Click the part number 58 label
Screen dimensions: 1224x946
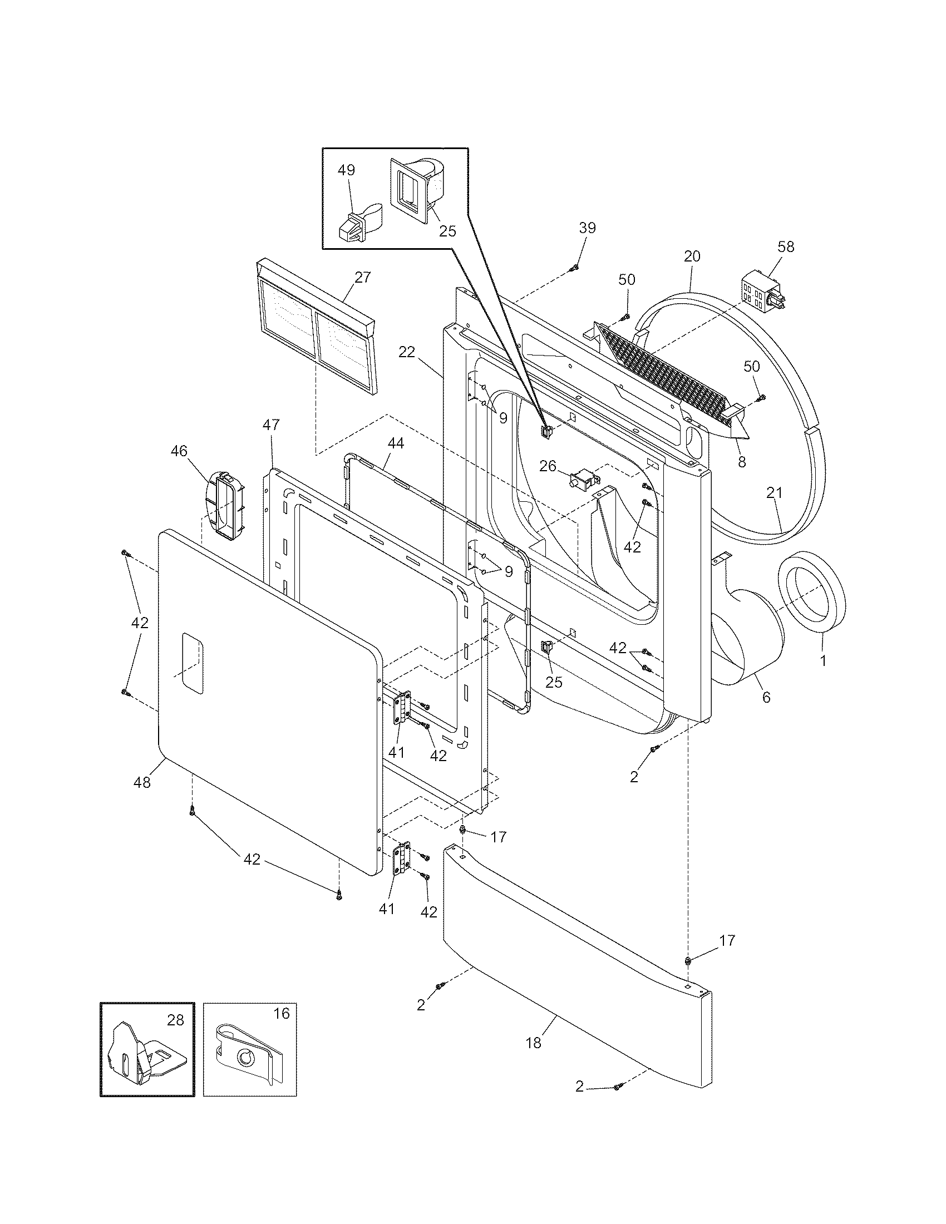(786, 247)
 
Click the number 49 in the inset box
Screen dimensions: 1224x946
(346, 170)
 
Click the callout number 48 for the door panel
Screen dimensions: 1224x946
(142, 782)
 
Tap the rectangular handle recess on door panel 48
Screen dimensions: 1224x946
(191, 664)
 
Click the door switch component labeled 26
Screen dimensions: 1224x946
(583, 481)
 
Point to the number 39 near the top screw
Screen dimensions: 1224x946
(587, 228)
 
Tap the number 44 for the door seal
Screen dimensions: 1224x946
(395, 443)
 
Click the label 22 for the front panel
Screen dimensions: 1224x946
(407, 352)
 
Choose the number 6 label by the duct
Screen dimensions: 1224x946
(766, 697)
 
